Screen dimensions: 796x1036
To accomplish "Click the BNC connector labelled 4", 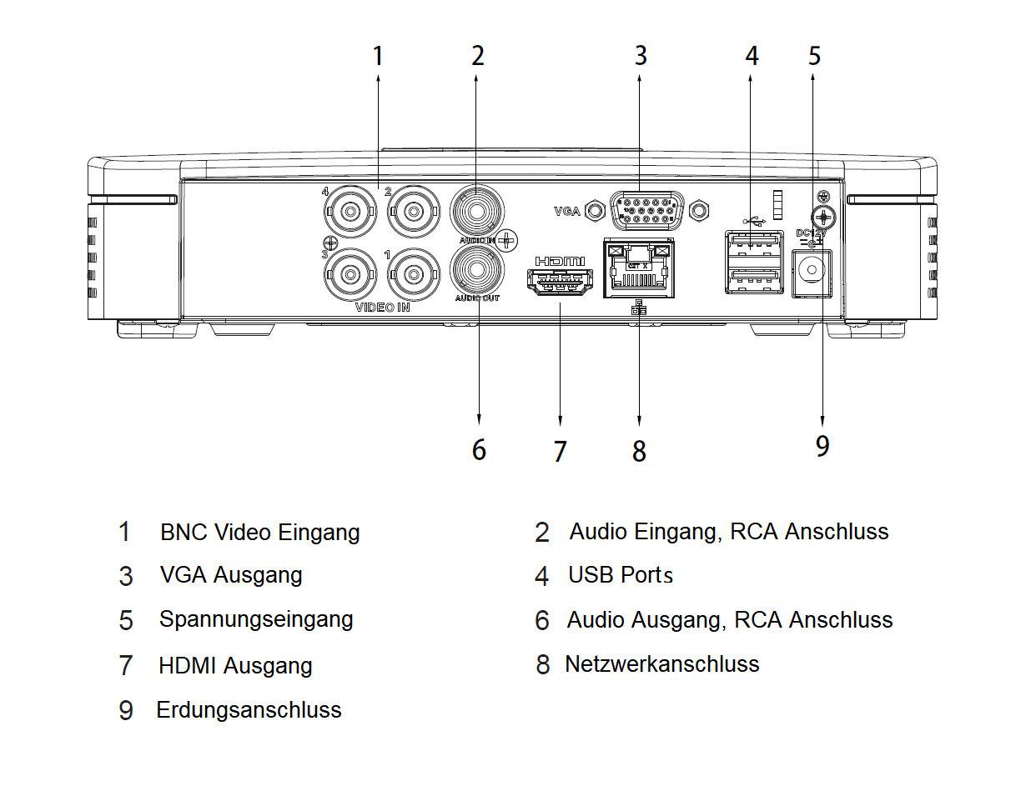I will point(349,213).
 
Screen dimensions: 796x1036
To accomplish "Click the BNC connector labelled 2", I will point(413,213).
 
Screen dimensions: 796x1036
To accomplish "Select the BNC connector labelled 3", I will point(349,273).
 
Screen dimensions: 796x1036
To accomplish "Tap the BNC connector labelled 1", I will point(413,273).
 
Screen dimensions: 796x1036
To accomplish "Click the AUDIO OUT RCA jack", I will point(476,271).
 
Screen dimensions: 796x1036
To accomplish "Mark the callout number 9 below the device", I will point(822,446).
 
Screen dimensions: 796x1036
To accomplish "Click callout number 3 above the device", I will point(640,56).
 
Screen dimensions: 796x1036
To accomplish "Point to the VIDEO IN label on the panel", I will point(383,308).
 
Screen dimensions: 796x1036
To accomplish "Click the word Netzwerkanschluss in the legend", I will point(661,664).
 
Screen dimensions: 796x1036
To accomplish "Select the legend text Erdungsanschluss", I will point(249,710).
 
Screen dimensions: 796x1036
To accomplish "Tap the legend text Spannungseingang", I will point(256,619).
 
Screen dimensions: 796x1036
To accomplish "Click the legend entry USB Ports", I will point(620,575).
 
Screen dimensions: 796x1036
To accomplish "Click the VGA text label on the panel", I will point(566,212).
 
